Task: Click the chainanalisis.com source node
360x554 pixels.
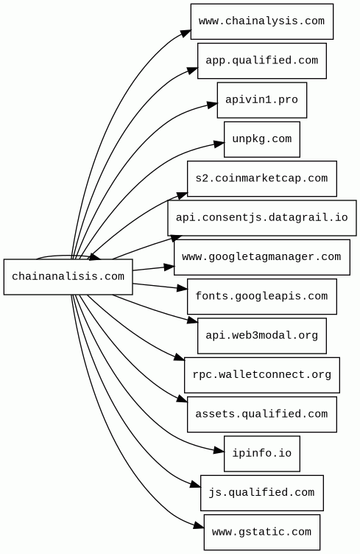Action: [68, 277]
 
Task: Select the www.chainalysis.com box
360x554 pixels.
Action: [262, 21]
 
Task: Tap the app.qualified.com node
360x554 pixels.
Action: [262, 60]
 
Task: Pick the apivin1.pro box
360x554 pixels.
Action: [262, 100]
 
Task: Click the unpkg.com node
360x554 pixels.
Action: [262, 139]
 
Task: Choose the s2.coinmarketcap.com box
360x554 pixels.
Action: [262, 179]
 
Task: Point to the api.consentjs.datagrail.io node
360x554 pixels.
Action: [262, 218]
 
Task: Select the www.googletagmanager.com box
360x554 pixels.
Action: [262, 257]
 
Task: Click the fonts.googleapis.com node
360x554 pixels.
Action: [262, 296]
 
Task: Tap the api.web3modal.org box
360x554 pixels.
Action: [262, 336]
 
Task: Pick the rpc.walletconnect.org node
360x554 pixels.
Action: [262, 375]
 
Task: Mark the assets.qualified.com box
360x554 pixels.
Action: [262, 414]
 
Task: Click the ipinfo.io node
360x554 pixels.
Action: [262, 454]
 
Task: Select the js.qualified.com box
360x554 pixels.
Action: [262, 493]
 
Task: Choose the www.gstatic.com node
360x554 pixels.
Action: [262, 532]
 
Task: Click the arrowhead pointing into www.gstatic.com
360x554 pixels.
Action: [199, 526]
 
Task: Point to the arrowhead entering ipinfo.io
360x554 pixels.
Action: [219, 451]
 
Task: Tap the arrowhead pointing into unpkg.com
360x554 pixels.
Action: [219, 143]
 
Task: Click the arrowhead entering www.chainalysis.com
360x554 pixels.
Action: [186, 33]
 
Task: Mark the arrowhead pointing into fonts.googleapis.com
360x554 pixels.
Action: [182, 288]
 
